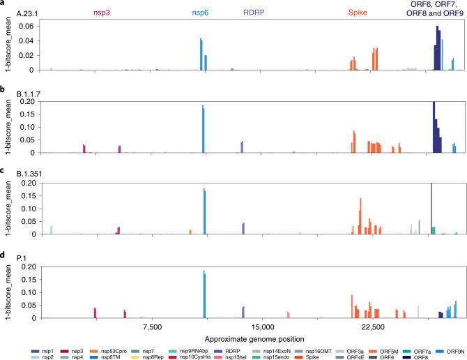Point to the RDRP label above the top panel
pyautogui.click(x=253, y=13)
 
